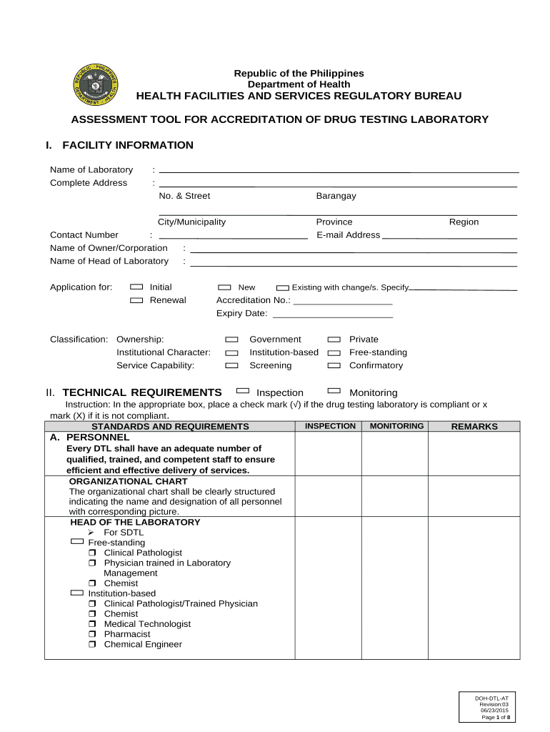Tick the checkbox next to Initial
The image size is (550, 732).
tap(136, 287)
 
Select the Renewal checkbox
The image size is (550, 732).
tap(136, 300)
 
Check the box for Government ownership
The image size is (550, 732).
tap(231, 340)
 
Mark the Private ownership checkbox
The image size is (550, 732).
tap(334, 340)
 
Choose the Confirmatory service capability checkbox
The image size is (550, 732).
tap(334, 365)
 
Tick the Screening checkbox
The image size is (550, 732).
tap(231, 365)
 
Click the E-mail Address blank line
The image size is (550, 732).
tap(449, 237)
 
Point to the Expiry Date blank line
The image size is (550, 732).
tap(333, 316)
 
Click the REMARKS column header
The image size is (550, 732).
tap(474, 427)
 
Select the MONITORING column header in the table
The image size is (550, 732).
tap(396, 426)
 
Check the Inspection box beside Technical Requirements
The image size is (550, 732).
tap(243, 391)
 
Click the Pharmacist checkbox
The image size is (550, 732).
tap(93, 635)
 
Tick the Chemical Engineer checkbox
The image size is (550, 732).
tap(93, 645)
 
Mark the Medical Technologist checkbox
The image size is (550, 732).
tap(93, 625)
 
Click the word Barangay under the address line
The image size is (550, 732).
tap(336, 196)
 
